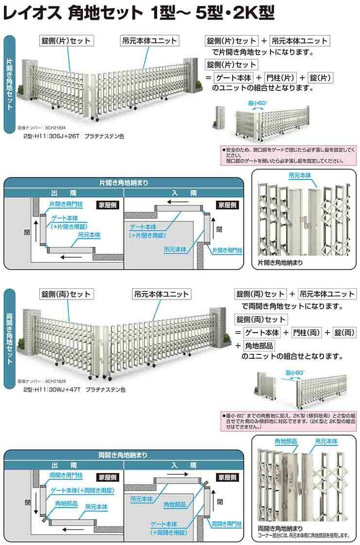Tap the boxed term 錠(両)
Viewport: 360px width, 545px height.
[343, 333]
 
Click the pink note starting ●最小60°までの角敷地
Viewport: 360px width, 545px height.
[289, 422]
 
